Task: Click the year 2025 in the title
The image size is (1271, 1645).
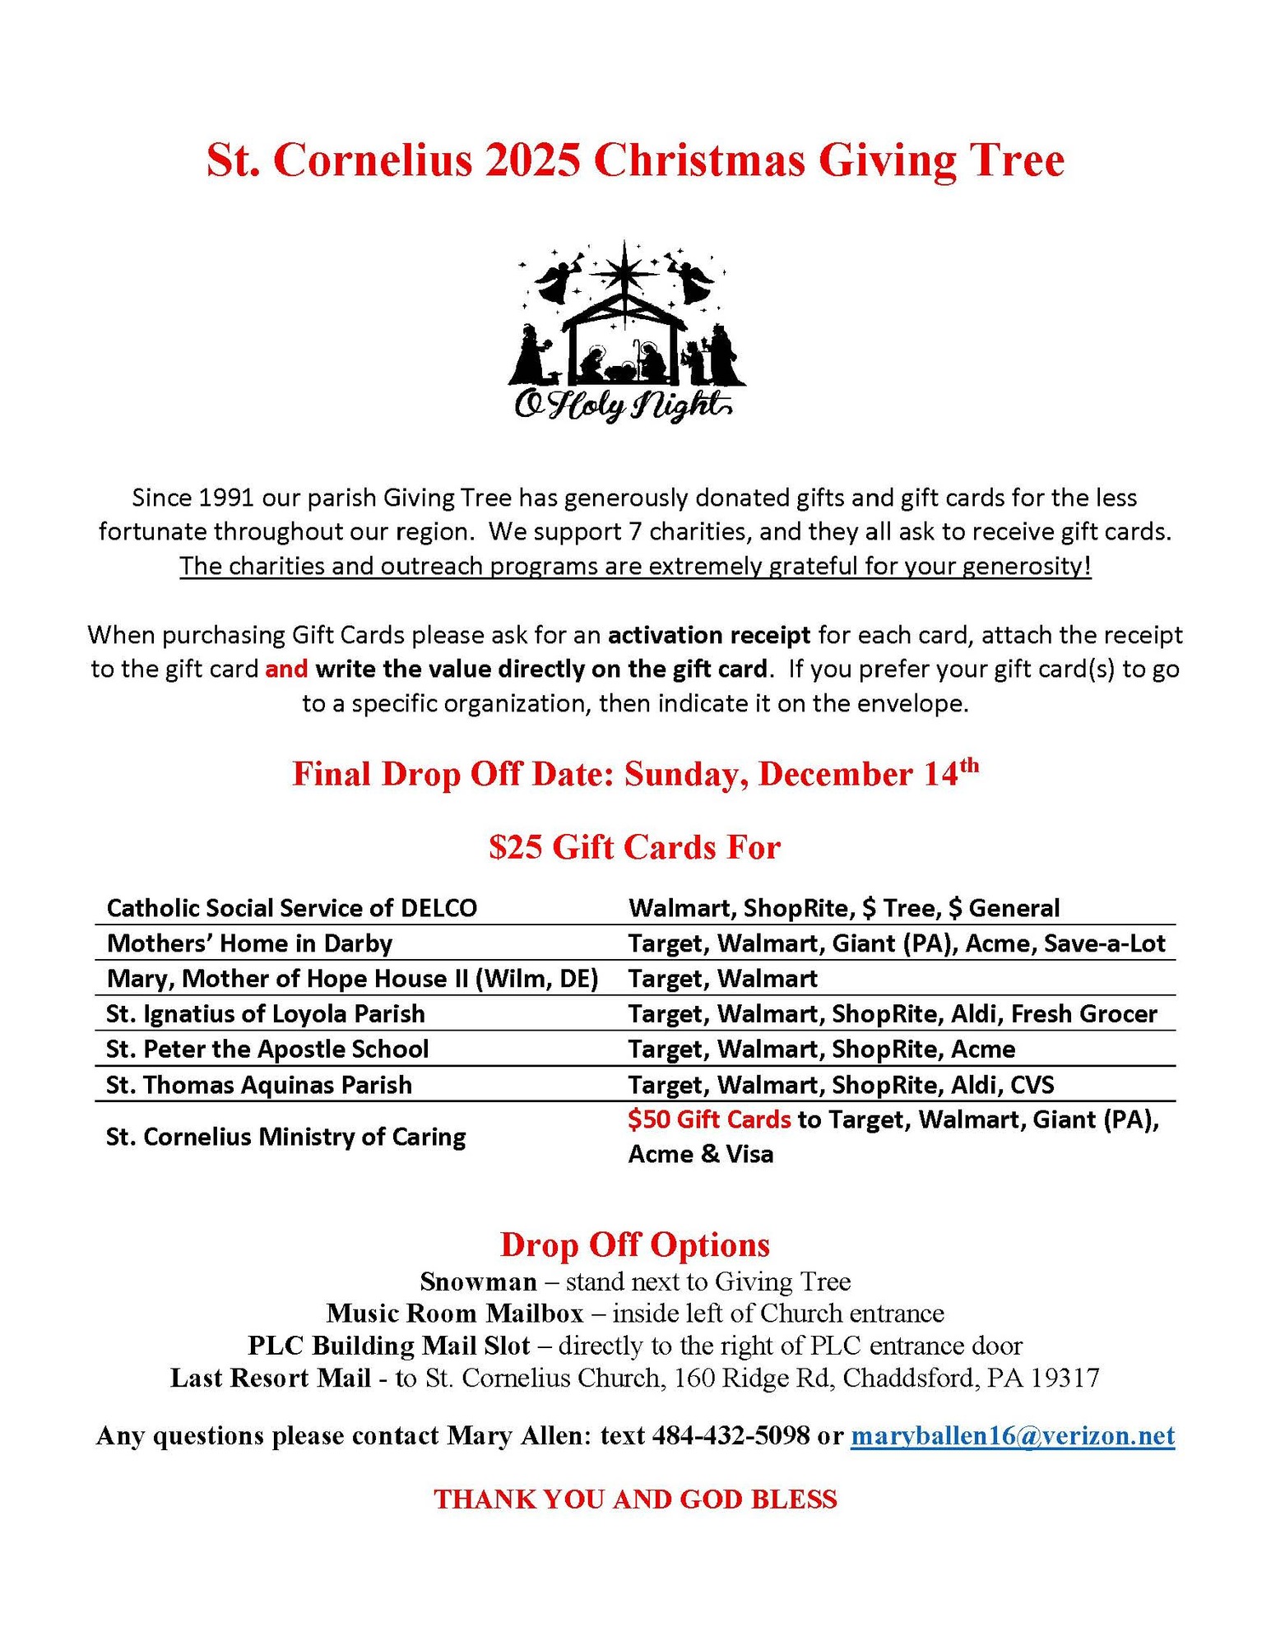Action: pos(531,160)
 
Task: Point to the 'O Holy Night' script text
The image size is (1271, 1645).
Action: pos(622,405)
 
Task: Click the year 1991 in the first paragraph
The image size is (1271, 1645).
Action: pos(226,498)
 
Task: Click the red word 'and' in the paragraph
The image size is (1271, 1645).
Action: pos(286,669)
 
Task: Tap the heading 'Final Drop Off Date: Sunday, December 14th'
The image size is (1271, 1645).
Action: pos(635,774)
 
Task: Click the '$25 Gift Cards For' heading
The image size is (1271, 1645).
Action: pos(634,847)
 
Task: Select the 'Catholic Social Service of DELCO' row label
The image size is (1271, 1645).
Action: pos(291,908)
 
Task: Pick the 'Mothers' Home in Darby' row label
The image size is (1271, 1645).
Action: pos(249,943)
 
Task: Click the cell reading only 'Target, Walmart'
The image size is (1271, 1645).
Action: pos(722,979)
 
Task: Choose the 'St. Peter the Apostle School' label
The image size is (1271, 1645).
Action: pos(267,1050)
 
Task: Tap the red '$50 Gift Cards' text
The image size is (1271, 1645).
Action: pos(709,1119)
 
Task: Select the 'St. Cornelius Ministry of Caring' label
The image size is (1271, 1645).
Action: pos(285,1137)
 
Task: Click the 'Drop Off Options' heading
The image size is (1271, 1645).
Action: pos(635,1244)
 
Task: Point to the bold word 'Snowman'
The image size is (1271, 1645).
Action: pos(478,1281)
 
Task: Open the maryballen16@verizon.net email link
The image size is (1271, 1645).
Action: pos(1013,1436)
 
